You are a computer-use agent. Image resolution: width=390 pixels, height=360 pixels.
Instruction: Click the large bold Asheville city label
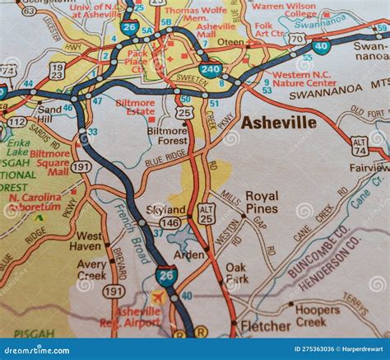[x=278, y=123]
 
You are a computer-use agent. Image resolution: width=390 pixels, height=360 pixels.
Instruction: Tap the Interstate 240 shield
[x=210, y=71]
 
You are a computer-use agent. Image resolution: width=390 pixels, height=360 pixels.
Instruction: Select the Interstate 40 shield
[x=322, y=45]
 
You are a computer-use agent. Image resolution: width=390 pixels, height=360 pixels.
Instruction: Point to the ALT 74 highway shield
[x=360, y=147]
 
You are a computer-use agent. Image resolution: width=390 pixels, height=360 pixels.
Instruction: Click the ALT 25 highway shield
[x=207, y=214]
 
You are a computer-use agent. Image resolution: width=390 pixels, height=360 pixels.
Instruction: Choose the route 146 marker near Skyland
[x=169, y=222]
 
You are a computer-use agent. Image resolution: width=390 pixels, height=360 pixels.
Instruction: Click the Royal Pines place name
[x=262, y=203]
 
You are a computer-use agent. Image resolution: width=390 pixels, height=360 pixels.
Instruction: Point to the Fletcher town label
[x=266, y=326]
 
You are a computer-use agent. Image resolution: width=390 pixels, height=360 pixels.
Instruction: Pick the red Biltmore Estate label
[x=135, y=109]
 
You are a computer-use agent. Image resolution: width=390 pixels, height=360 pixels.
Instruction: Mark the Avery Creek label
[x=92, y=269]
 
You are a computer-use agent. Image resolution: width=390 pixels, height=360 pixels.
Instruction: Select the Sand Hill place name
[x=49, y=115]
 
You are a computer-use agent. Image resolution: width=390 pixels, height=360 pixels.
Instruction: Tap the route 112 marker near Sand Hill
[x=16, y=122]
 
